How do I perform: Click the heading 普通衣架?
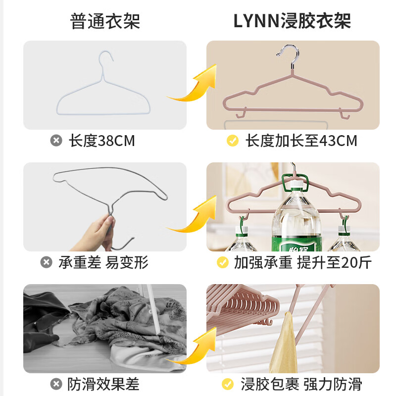(105, 21)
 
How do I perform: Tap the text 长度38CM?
(101, 141)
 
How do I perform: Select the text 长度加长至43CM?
(301, 141)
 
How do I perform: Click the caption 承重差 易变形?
(103, 262)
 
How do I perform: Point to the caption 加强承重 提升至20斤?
(302, 262)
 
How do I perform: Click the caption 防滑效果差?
(104, 384)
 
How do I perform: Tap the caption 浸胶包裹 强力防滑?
(301, 384)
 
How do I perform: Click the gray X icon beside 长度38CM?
(56, 141)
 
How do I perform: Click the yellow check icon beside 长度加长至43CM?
(233, 141)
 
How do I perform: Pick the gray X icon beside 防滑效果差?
(56, 384)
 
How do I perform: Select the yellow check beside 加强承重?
(223, 262)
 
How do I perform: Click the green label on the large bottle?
(297, 244)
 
